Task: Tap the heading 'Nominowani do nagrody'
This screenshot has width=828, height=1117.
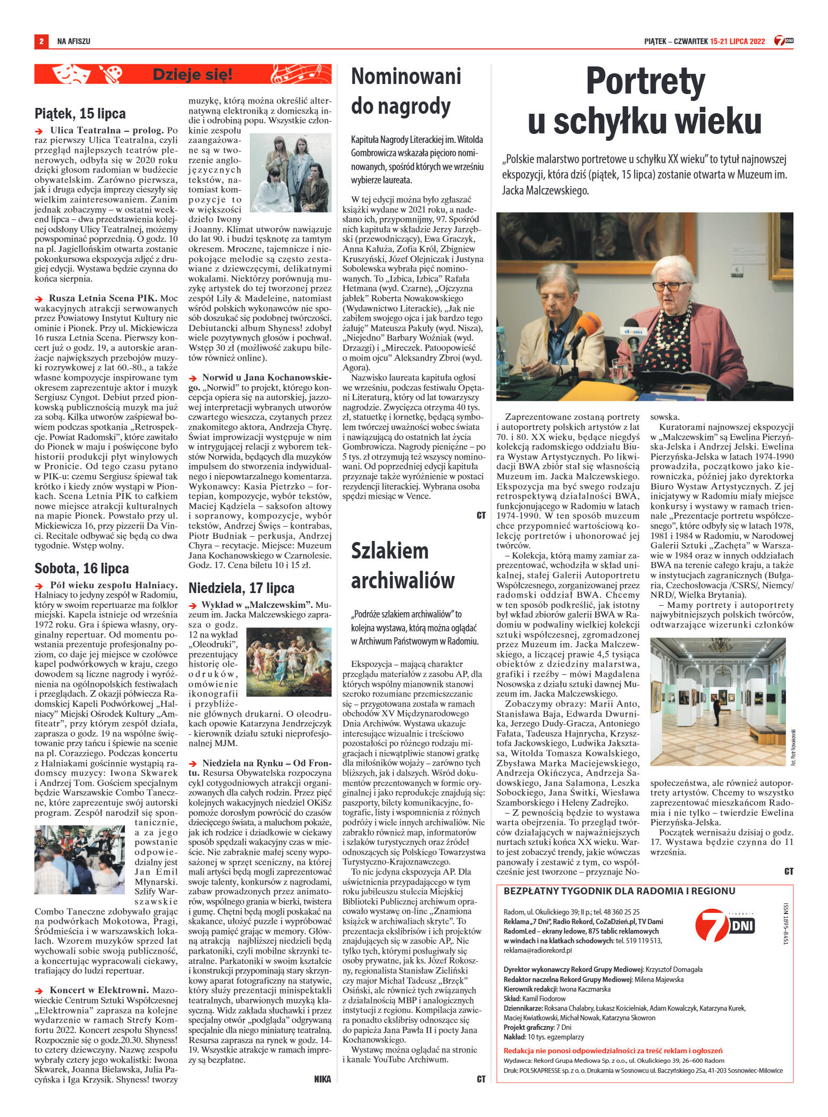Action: pyautogui.click(x=406, y=91)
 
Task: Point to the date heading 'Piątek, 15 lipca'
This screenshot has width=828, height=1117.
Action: pyautogui.click(x=80, y=113)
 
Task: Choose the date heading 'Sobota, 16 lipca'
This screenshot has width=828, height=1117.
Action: pyautogui.click(x=82, y=568)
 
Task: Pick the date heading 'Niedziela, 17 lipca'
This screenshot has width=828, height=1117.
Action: pyautogui.click(x=241, y=588)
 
